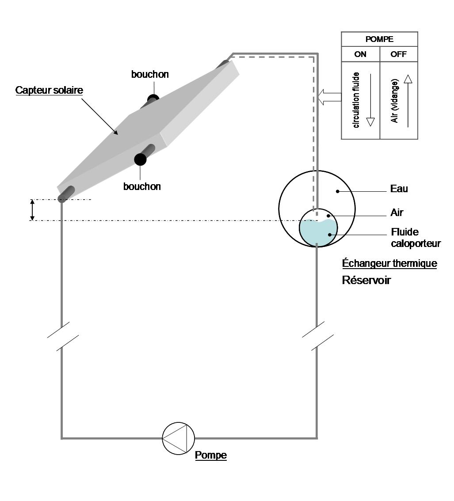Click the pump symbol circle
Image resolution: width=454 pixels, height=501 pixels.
pos(178,438)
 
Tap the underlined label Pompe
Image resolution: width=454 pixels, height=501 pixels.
pos(211,455)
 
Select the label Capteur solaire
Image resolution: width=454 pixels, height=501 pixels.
pos(49,90)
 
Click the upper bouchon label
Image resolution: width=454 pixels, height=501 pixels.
pos(150,74)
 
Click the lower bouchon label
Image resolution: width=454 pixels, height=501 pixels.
pos(142,186)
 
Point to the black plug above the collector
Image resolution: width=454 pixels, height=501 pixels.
pos(153,98)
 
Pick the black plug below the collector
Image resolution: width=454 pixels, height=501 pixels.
pos(141,159)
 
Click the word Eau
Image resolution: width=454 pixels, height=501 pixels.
pos(399,189)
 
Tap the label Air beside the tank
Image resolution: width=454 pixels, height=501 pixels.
pos(397,213)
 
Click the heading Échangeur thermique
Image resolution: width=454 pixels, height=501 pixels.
pos(389,264)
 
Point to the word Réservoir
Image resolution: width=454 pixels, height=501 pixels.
pos(366,280)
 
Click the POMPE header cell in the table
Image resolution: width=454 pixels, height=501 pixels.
pos(379,39)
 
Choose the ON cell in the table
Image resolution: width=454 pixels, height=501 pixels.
pos(360,55)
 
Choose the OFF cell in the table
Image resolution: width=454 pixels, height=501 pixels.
pos(398,55)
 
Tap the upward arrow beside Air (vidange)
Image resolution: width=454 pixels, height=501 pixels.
pos(408,101)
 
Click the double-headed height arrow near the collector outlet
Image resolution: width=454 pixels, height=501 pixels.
pos(32,210)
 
